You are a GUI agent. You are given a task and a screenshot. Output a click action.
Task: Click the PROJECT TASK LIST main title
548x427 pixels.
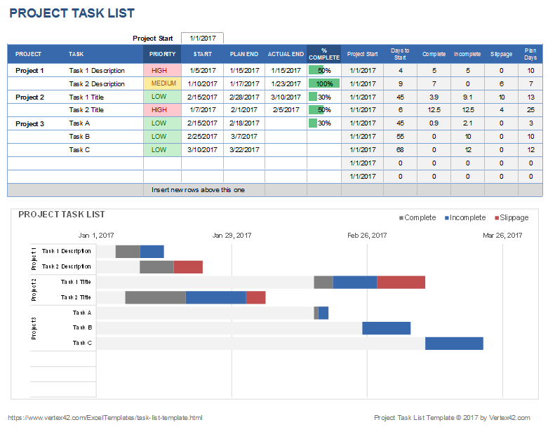tap(72, 13)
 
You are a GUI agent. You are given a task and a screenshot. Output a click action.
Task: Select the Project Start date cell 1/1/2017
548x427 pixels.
tap(202, 38)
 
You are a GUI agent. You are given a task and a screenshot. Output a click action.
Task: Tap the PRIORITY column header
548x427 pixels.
tap(162, 54)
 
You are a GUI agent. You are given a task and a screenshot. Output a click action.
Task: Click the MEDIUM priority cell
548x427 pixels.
tap(163, 83)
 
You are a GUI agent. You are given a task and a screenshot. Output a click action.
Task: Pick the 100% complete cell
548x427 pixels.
tap(323, 83)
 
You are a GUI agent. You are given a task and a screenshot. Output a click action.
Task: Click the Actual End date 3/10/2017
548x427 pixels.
tap(286, 97)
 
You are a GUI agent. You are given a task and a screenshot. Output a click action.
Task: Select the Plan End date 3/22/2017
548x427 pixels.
tap(243, 150)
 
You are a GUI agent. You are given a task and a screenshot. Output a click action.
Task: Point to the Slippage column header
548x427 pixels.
tap(501, 54)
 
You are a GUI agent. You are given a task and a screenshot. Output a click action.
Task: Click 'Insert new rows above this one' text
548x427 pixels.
tap(199, 190)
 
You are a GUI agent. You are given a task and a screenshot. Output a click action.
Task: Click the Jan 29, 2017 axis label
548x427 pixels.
tap(232, 236)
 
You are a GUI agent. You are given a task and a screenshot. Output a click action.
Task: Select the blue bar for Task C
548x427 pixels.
tap(454, 343)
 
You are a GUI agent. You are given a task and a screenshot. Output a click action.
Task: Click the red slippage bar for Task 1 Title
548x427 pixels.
tap(401, 282)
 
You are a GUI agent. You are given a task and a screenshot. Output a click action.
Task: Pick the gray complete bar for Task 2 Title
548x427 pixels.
tap(155, 297)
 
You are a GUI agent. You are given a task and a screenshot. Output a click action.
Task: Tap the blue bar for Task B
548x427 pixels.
tap(386, 328)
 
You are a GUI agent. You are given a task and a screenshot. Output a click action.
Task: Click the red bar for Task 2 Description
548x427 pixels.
tap(188, 266)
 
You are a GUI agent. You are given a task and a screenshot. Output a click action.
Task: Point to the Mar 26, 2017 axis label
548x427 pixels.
tap(502, 236)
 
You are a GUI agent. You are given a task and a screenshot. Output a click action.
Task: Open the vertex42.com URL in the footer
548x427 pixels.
tap(105, 418)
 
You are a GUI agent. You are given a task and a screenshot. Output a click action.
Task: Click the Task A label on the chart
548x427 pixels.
tap(82, 313)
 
